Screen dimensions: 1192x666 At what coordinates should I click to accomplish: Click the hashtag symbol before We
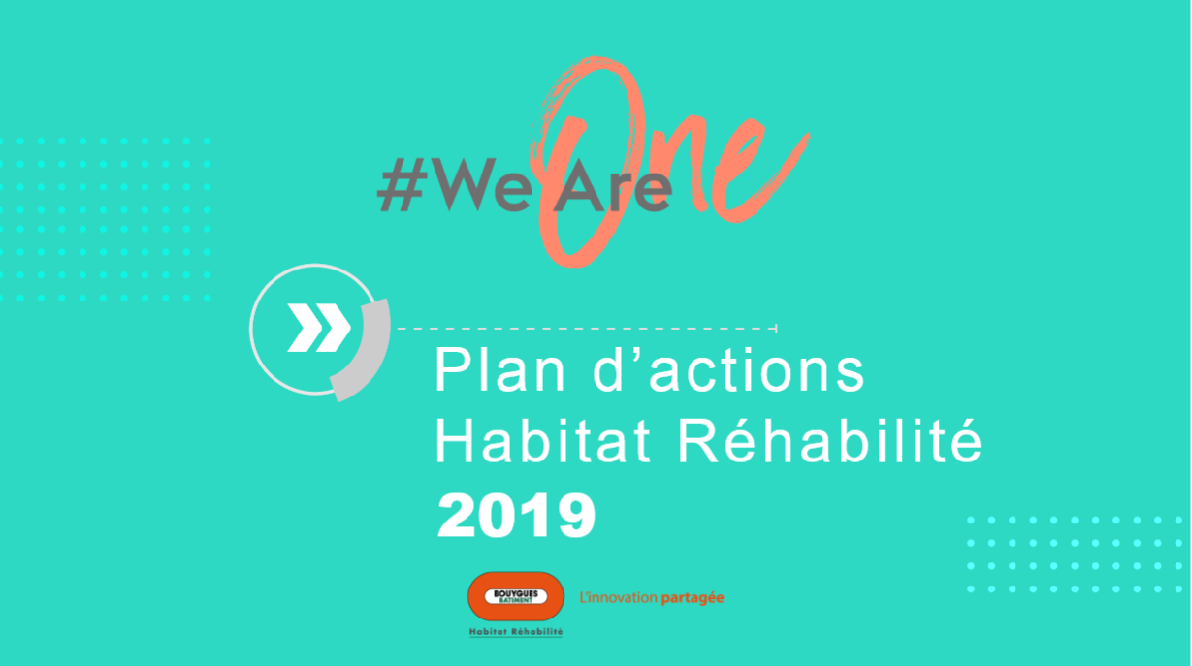(403, 184)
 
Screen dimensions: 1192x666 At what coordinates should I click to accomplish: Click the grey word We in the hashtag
(483, 184)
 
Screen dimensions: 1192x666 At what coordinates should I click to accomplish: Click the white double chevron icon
(319, 328)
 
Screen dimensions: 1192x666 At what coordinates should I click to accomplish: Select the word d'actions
(729, 369)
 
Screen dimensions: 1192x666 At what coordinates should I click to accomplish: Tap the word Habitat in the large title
(543, 441)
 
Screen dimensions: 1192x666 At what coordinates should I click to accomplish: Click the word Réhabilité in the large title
(829, 440)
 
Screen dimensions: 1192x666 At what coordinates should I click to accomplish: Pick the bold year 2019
(516, 515)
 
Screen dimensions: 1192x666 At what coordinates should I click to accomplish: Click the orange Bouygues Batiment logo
(516, 596)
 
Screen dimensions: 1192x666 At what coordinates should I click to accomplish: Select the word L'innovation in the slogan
(619, 597)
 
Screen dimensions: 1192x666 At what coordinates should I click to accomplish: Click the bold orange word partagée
(693, 598)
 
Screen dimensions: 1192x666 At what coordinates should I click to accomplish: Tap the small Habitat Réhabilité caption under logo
(516, 631)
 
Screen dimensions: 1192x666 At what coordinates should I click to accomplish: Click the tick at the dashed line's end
(776, 329)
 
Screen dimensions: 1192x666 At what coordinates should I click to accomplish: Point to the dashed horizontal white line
(587, 329)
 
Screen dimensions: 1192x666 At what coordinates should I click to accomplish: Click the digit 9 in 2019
(576, 515)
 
